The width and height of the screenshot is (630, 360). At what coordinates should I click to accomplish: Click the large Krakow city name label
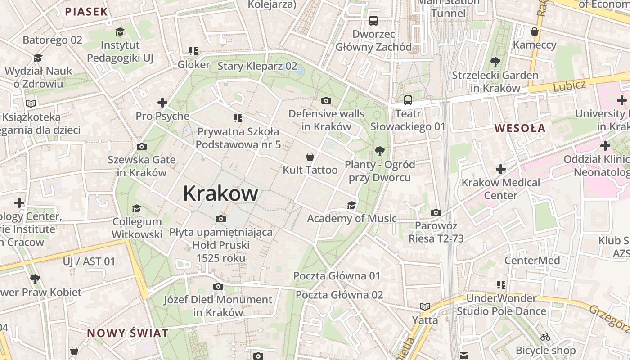pyautogui.click(x=220, y=193)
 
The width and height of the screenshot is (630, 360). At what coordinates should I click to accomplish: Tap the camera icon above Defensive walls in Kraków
pyautogui.click(x=326, y=100)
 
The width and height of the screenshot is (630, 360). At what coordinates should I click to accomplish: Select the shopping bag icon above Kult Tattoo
pyautogui.click(x=310, y=157)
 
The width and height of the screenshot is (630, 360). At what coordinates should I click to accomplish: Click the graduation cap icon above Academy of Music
pyautogui.click(x=351, y=206)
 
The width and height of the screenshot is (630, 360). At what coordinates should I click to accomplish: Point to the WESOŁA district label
pyautogui.click(x=520, y=128)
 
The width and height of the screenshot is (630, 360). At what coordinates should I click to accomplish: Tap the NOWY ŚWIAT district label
pyautogui.click(x=128, y=333)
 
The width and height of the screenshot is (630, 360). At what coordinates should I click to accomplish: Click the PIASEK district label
pyautogui.click(x=86, y=12)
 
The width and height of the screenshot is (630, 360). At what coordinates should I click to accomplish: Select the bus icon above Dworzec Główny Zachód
pyautogui.click(x=373, y=21)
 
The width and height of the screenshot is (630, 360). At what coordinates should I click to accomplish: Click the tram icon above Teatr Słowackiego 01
pyautogui.click(x=408, y=100)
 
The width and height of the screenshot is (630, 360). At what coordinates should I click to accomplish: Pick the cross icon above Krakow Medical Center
pyautogui.click(x=501, y=170)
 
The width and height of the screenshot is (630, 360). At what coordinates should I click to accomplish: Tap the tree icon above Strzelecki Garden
pyautogui.click(x=495, y=62)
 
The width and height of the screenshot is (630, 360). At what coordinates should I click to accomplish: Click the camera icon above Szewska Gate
pyautogui.click(x=141, y=147)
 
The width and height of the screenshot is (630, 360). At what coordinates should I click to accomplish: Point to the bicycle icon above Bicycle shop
pyautogui.click(x=545, y=337)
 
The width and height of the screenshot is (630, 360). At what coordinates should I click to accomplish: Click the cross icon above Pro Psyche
pyautogui.click(x=162, y=103)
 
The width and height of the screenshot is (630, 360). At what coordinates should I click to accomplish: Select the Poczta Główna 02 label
pyautogui.click(x=339, y=295)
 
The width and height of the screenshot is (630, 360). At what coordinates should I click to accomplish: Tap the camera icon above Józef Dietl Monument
pyautogui.click(x=218, y=287)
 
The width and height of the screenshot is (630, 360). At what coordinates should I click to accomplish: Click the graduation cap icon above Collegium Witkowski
pyautogui.click(x=136, y=208)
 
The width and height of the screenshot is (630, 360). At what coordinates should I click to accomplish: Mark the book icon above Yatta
pyautogui.click(x=425, y=307)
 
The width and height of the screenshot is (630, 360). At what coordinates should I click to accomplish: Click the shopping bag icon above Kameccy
pyautogui.click(x=535, y=31)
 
